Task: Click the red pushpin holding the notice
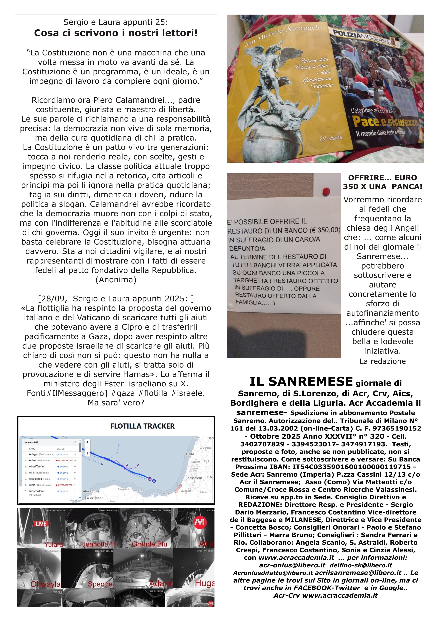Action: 326,191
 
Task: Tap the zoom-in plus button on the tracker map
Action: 87,442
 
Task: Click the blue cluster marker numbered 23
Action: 154,481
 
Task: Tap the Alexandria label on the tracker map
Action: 91,491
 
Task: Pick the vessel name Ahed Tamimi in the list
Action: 37,467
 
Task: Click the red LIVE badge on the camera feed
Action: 41,523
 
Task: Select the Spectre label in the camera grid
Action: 100,584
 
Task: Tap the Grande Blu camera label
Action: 149,544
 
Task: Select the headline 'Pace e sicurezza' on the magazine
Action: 385,122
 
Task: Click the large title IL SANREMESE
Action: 301,382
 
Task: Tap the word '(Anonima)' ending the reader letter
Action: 116,280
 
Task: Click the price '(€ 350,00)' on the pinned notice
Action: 325,230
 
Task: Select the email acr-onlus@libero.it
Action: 292,565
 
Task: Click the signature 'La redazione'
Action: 382,361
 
